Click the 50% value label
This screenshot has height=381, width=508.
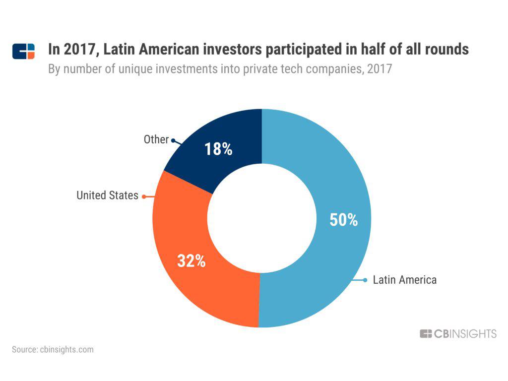coord(344,220)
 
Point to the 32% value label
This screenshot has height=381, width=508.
coord(191,261)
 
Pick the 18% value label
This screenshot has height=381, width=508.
coord(218,149)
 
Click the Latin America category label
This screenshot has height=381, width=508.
coord(405,280)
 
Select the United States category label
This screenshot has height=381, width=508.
coord(107,195)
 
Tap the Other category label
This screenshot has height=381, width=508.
coord(156,139)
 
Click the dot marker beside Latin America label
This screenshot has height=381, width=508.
coord(365,280)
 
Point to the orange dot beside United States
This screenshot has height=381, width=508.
coord(144,196)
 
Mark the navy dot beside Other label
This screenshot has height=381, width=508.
coord(173,140)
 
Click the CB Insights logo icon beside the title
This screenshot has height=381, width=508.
coord(23,51)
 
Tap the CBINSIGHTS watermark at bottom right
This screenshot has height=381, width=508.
coord(458,334)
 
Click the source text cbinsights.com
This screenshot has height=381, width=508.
coord(53,349)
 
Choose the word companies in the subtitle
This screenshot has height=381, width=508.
coord(327,68)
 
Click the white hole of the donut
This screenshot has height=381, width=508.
coord(261,218)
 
